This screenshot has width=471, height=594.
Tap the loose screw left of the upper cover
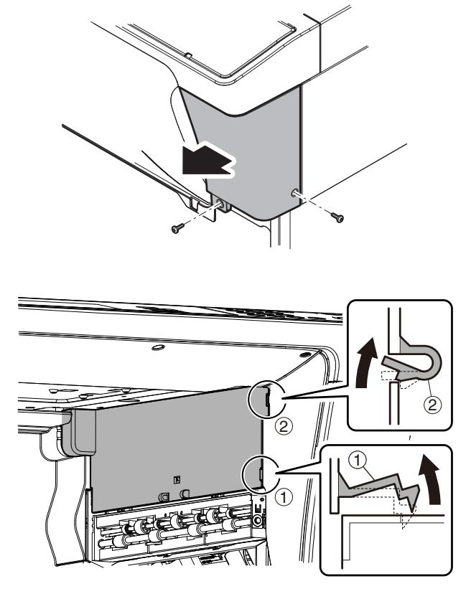(x=175, y=227)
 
